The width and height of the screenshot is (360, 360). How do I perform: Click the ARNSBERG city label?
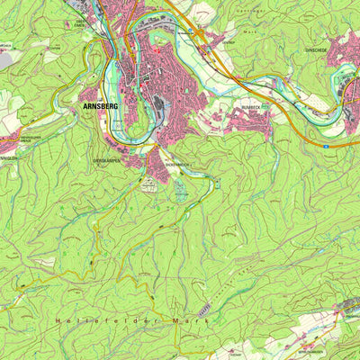[x=99, y=105]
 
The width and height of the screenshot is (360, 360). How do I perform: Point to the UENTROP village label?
[x=229, y=40]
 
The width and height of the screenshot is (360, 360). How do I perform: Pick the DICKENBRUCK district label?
[x=178, y=166]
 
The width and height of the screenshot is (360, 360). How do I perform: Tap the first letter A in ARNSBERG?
[x=84, y=105]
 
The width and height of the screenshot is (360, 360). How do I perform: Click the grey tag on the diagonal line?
[x=204, y=309]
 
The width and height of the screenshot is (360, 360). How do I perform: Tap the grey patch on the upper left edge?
[x=5, y=59]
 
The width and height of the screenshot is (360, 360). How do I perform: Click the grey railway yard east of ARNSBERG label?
[x=161, y=106]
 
